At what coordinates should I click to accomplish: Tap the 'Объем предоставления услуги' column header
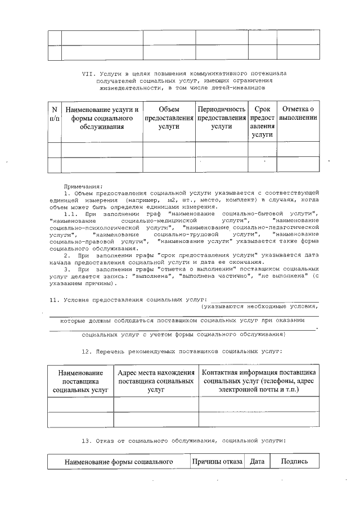tap(169, 118)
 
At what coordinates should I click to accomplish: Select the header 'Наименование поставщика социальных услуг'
tap(80, 381)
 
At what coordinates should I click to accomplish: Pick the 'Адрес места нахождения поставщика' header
tap(156, 381)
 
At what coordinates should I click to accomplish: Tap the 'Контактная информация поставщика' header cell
tap(258, 381)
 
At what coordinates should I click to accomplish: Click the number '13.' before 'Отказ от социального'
tap(87, 440)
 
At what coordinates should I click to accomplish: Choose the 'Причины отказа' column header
tap(217, 462)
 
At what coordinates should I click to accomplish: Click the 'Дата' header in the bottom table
tap(257, 462)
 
